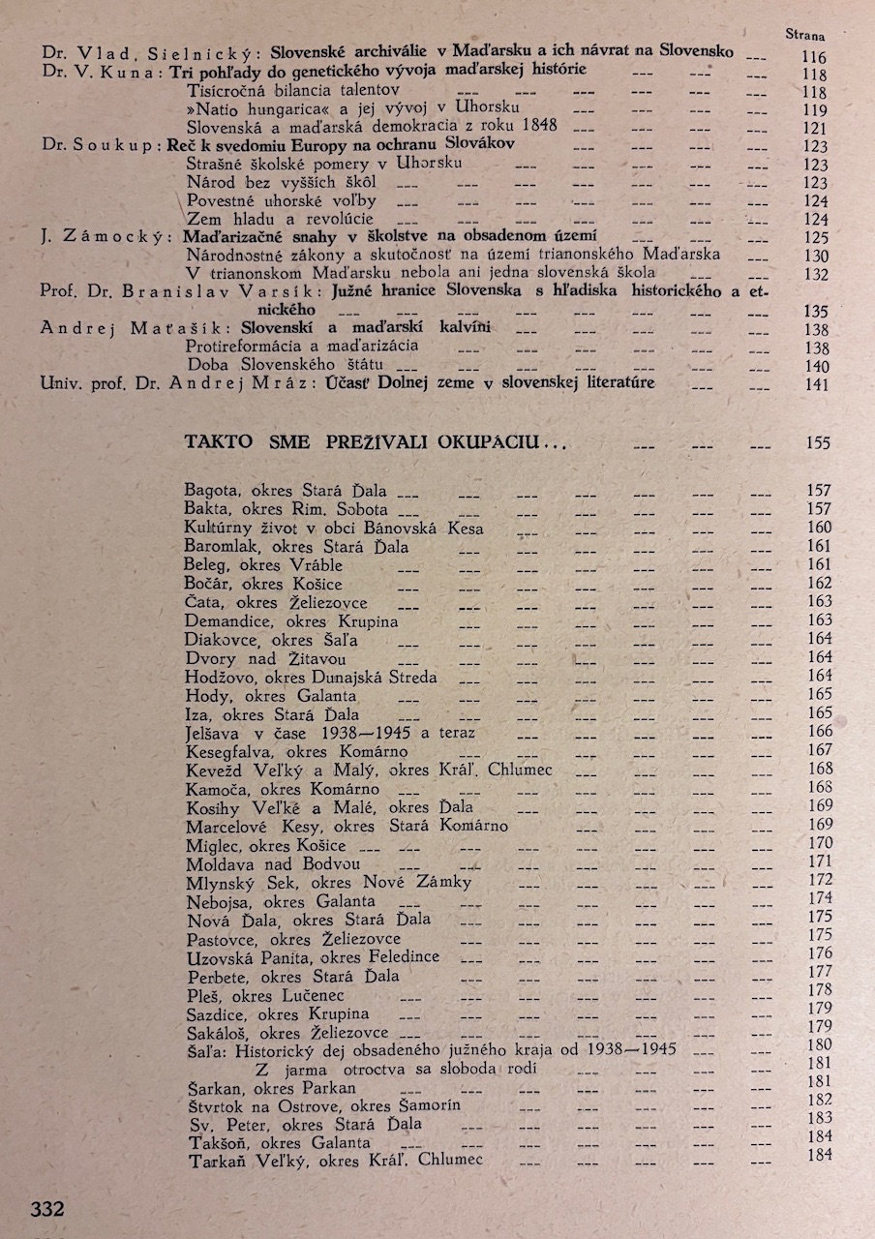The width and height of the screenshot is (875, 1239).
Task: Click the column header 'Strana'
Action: [804, 35]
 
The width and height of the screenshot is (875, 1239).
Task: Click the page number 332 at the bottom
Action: [47, 1208]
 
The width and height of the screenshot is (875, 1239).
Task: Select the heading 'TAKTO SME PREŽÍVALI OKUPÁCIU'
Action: [375, 442]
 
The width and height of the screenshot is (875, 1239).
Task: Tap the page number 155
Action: [817, 443]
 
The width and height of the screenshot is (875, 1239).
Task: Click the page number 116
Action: [815, 58]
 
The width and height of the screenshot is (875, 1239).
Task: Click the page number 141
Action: [816, 384]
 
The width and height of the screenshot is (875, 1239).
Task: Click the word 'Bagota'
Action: [210, 491]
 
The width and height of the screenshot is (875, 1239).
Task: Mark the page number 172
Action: [819, 880]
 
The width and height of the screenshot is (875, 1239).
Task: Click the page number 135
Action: [816, 311]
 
